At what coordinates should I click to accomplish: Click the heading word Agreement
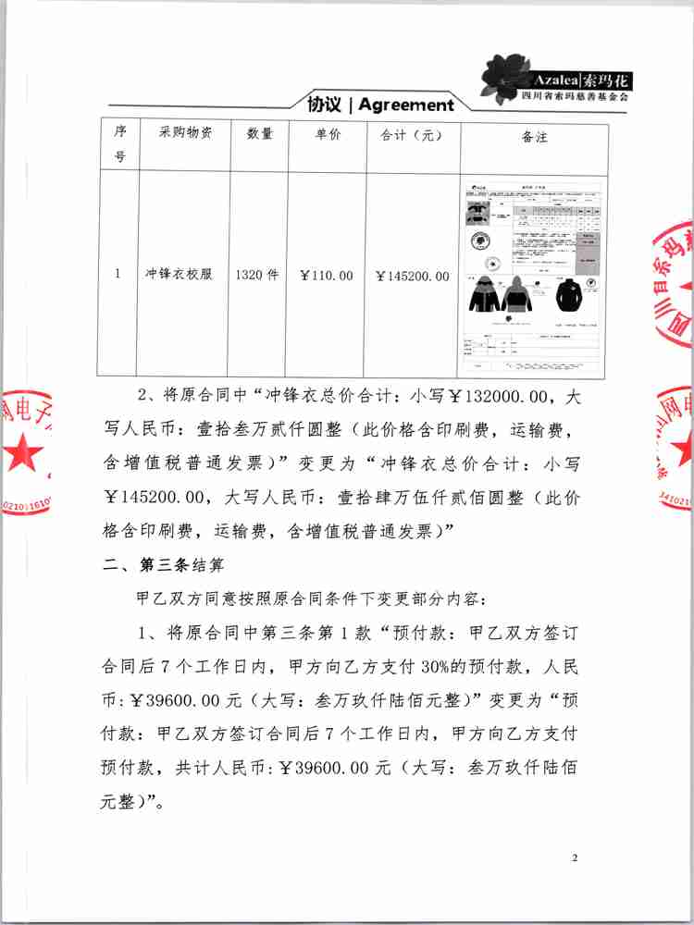(406, 105)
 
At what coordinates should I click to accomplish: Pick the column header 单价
(328, 134)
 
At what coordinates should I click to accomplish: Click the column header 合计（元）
(413, 134)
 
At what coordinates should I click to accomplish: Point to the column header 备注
(535, 138)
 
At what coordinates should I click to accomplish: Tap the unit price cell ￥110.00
(328, 276)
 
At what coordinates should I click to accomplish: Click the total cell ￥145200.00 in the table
(413, 276)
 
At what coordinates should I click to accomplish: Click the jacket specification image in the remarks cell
(534, 275)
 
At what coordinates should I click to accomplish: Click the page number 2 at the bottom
(575, 859)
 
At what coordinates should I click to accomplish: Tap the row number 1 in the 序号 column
(118, 275)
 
